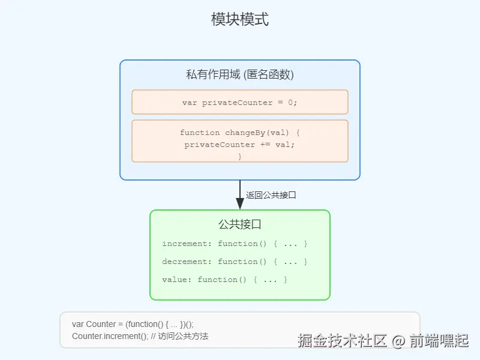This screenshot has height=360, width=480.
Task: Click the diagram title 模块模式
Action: coord(240,19)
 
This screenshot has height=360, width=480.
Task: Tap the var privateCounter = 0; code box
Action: coord(240,102)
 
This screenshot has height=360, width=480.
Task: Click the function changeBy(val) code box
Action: coord(240,140)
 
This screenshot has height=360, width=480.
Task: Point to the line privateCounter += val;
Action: coord(240,145)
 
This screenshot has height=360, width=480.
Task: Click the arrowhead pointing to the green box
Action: coord(240,203)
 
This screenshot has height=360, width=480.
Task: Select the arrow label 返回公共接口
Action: coord(271,195)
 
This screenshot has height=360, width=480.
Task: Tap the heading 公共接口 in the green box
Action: coord(240,224)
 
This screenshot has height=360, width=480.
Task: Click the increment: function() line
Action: coord(235,244)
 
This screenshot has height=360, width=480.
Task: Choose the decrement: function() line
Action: coord(235,262)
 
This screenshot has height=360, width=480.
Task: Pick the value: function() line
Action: coord(224,280)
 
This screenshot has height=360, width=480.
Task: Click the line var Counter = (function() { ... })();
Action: coord(141,324)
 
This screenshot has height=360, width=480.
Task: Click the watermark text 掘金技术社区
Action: coord(343,341)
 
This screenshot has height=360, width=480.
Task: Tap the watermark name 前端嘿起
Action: coord(439,341)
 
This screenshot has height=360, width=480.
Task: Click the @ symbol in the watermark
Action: coord(399,341)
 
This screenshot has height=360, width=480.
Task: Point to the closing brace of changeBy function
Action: coord(240,156)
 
